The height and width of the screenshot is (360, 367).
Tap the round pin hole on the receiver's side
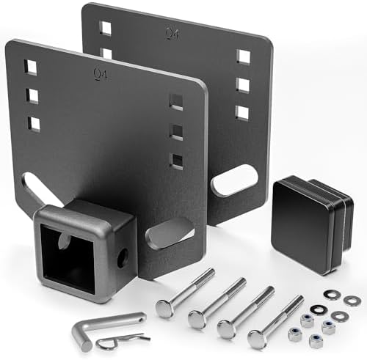click(122, 257)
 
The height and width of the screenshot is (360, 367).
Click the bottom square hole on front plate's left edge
click(34, 122)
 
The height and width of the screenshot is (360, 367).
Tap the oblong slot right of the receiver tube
click(170, 234)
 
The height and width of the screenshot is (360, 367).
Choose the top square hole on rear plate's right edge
click(244, 56)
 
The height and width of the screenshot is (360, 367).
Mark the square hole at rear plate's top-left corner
click(106, 29)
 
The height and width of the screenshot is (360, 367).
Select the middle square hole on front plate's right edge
click(176, 132)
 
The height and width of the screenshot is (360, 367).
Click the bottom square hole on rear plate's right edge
click(242, 111)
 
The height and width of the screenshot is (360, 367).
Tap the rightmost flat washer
click(352, 300)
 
